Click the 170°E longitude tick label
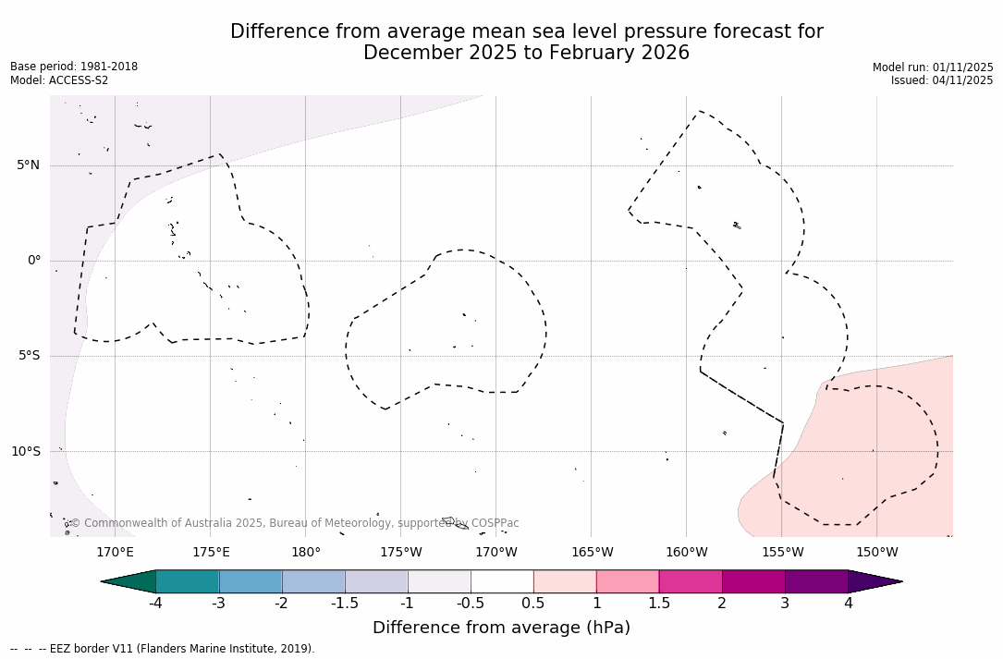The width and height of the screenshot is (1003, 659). click(115, 553)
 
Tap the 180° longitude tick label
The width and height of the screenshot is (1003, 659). click(306, 553)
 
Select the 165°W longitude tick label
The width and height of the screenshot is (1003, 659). click(592, 553)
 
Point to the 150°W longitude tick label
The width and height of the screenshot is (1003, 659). click(876, 553)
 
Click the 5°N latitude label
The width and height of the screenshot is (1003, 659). click(29, 165)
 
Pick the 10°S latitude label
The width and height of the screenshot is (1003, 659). click(26, 451)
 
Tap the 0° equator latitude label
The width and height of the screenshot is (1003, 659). click(34, 261)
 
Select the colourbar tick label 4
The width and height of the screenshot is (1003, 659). click(848, 604)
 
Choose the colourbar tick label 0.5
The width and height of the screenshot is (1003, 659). click(533, 604)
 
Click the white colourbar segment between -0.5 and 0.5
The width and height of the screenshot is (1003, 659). click(502, 581)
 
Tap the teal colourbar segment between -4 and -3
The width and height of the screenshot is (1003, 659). click(188, 581)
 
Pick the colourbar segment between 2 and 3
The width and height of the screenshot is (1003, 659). click(753, 581)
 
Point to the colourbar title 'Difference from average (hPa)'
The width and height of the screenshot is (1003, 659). click(501, 628)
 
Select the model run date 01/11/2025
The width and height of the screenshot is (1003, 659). click(962, 67)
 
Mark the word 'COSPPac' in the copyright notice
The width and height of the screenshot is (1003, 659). click(495, 523)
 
